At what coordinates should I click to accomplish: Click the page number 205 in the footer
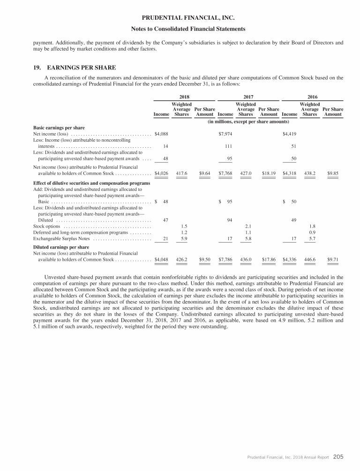(x=338, y=456)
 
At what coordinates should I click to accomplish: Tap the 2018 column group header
(x=184, y=96)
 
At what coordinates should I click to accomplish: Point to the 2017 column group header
(x=248, y=96)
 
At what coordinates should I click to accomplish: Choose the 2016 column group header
(x=312, y=96)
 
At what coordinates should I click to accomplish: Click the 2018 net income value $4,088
(x=161, y=134)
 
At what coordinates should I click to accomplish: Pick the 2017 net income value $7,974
(x=226, y=134)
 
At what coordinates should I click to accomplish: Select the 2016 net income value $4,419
(x=290, y=134)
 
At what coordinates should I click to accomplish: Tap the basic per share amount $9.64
(x=204, y=173)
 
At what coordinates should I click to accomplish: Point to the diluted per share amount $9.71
(x=333, y=259)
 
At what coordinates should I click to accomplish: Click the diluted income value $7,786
(x=226, y=259)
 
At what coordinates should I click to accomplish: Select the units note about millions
(x=248, y=122)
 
